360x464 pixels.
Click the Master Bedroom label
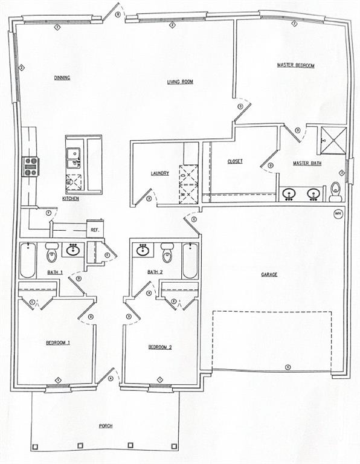(x=296, y=65)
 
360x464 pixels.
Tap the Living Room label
(x=180, y=82)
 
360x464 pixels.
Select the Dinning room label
(x=62, y=77)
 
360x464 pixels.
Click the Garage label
(x=269, y=274)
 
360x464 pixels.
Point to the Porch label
(x=106, y=426)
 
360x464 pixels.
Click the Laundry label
(x=159, y=173)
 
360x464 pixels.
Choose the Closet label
(x=235, y=161)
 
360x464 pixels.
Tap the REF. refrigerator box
(x=95, y=229)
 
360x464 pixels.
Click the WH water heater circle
(x=338, y=213)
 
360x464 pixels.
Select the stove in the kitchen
(x=30, y=166)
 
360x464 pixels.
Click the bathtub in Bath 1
(x=28, y=260)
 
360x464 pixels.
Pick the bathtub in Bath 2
(x=190, y=260)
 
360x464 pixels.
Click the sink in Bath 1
(x=74, y=249)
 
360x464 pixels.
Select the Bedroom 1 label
(x=58, y=343)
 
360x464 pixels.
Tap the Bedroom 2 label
(x=161, y=347)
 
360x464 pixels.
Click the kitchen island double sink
(x=74, y=158)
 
